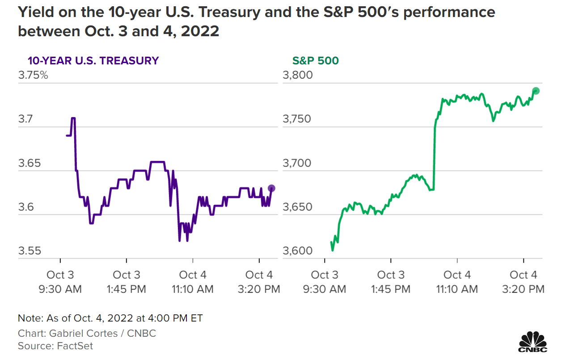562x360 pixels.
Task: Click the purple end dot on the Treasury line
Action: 271,188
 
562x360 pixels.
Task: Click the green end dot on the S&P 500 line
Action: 536,91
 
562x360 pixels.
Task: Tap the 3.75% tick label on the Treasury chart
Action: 33,75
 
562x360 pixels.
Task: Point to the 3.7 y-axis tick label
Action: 26,119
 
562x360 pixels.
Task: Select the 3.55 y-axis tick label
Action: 30,251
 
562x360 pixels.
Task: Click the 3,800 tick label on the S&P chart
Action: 297,75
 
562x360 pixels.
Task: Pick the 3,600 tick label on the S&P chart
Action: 297,251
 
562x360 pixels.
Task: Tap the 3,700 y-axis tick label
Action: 297,163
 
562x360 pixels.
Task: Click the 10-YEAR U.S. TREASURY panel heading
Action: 93,60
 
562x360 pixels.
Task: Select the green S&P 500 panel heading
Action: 315,60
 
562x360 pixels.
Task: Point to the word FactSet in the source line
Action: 75,346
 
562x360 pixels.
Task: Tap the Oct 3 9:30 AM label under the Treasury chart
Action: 60,282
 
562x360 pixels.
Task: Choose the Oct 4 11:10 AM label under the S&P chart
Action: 457,282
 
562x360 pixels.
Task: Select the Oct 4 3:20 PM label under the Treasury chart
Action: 259,282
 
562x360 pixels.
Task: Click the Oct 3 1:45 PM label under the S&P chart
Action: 391,282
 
